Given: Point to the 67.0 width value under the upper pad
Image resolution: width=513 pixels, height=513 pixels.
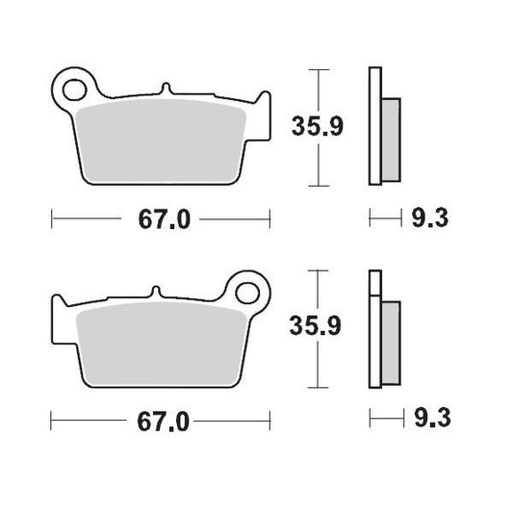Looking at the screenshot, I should (161, 219).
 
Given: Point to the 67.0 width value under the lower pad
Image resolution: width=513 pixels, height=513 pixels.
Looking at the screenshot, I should (161, 422).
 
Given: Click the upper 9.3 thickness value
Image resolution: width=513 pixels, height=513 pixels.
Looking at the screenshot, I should (430, 219).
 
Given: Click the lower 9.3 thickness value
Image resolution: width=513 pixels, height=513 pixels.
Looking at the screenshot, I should (430, 420).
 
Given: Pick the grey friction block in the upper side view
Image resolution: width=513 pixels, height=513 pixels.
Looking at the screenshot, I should (390, 139).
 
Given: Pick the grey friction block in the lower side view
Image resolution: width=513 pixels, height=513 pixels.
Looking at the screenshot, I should (390, 341).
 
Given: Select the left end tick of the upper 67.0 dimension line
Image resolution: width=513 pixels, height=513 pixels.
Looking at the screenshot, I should (51, 219).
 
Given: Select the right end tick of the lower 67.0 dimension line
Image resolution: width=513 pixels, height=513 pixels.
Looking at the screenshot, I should (270, 422).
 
